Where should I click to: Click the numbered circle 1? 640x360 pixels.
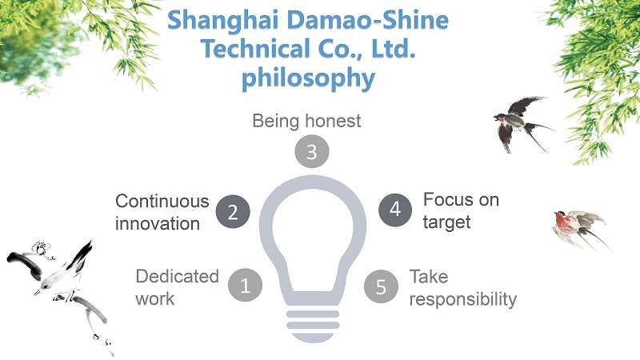tap(245, 285)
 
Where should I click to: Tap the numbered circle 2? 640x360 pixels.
tap(233, 211)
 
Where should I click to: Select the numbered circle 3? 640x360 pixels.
tap(312, 151)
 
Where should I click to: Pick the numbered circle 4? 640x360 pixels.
tap(395, 210)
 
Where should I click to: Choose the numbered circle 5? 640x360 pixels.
tap(381, 286)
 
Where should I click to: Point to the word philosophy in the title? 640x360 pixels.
tap(308, 78)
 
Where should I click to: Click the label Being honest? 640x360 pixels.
tap(306, 122)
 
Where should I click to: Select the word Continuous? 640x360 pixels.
tap(162, 202)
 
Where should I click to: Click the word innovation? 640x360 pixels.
tap(158, 224)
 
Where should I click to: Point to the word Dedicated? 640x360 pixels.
tap(177, 276)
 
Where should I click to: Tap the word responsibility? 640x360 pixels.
tap(463, 299)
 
